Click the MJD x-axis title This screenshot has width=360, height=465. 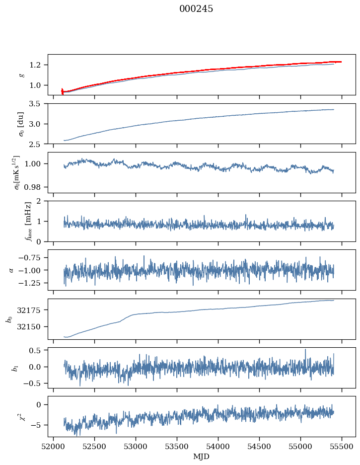(202, 456)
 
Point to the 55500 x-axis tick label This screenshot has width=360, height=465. (342, 446)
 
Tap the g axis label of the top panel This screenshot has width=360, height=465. (21, 75)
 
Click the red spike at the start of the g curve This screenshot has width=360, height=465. (62, 91)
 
